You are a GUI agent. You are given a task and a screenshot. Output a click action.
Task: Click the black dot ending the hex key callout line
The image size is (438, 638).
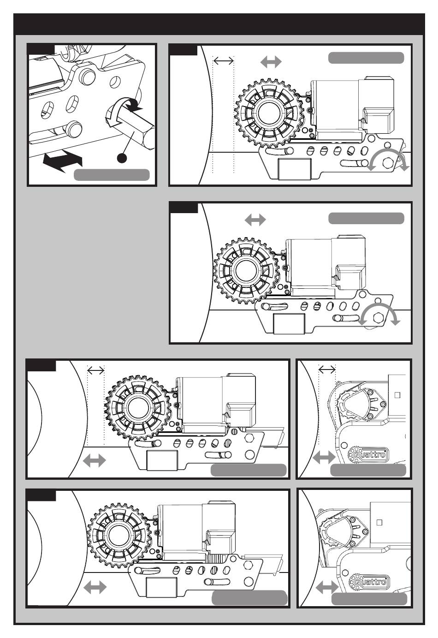[122, 158]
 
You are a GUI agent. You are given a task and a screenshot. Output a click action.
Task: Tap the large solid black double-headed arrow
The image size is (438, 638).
[63, 161]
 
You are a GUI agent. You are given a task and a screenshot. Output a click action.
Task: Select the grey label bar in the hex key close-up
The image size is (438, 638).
[112, 175]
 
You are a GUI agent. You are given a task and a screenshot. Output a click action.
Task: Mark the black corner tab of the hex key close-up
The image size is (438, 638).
[41, 49]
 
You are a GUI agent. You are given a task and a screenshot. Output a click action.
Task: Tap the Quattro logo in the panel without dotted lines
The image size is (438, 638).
[369, 582]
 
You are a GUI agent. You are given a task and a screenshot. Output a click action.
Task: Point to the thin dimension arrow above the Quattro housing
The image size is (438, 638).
[327, 370]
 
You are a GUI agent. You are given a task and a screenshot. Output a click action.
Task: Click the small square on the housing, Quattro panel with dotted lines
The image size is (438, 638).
[398, 395]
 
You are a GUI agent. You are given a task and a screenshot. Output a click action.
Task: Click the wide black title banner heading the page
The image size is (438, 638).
[219, 24]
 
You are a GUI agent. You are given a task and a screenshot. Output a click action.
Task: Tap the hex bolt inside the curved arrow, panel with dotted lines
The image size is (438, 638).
[388, 162]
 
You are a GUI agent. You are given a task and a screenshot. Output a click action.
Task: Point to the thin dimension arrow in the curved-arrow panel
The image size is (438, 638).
[224, 60]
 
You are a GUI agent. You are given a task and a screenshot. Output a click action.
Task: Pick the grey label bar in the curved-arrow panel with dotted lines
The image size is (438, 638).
[366, 58]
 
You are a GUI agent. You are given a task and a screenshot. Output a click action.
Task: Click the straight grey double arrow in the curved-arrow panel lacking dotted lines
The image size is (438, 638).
[255, 220]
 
